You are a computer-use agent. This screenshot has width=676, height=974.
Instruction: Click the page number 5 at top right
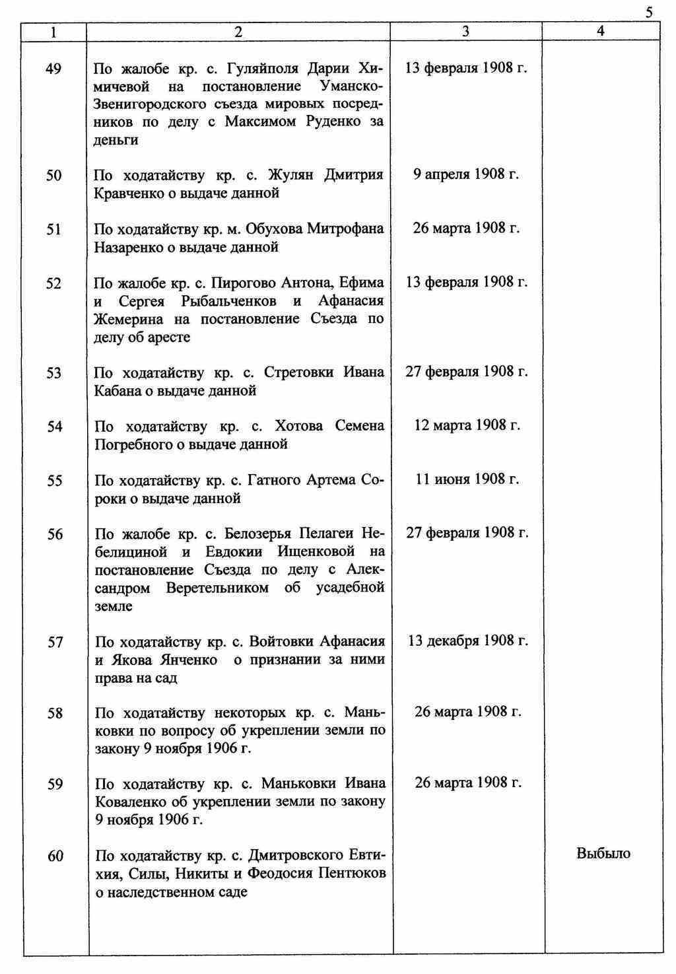pyautogui.click(x=650, y=12)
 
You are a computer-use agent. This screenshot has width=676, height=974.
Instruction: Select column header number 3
pyautogui.click(x=466, y=31)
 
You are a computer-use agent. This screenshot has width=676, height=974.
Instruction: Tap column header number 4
pyautogui.click(x=600, y=31)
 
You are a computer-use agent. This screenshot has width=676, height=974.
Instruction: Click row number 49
pyautogui.click(x=54, y=69)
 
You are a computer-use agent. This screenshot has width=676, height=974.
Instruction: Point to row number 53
pyautogui.click(x=54, y=373)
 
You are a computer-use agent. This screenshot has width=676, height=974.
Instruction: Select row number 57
pyautogui.click(x=55, y=642)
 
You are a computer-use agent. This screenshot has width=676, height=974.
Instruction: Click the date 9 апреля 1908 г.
pyautogui.click(x=466, y=174)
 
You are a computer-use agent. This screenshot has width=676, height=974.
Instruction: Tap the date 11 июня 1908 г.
pyautogui.click(x=467, y=479)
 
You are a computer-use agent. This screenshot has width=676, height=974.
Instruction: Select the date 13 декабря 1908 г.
pyautogui.click(x=468, y=641)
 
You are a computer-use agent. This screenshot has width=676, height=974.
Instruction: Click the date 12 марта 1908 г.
pyautogui.click(x=467, y=425)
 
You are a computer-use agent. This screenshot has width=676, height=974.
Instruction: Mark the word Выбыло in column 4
pyautogui.click(x=603, y=853)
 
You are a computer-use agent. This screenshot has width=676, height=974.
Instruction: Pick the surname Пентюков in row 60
pyautogui.click(x=353, y=874)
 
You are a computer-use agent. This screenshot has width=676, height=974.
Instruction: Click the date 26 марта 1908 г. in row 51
pyautogui.click(x=466, y=228)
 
